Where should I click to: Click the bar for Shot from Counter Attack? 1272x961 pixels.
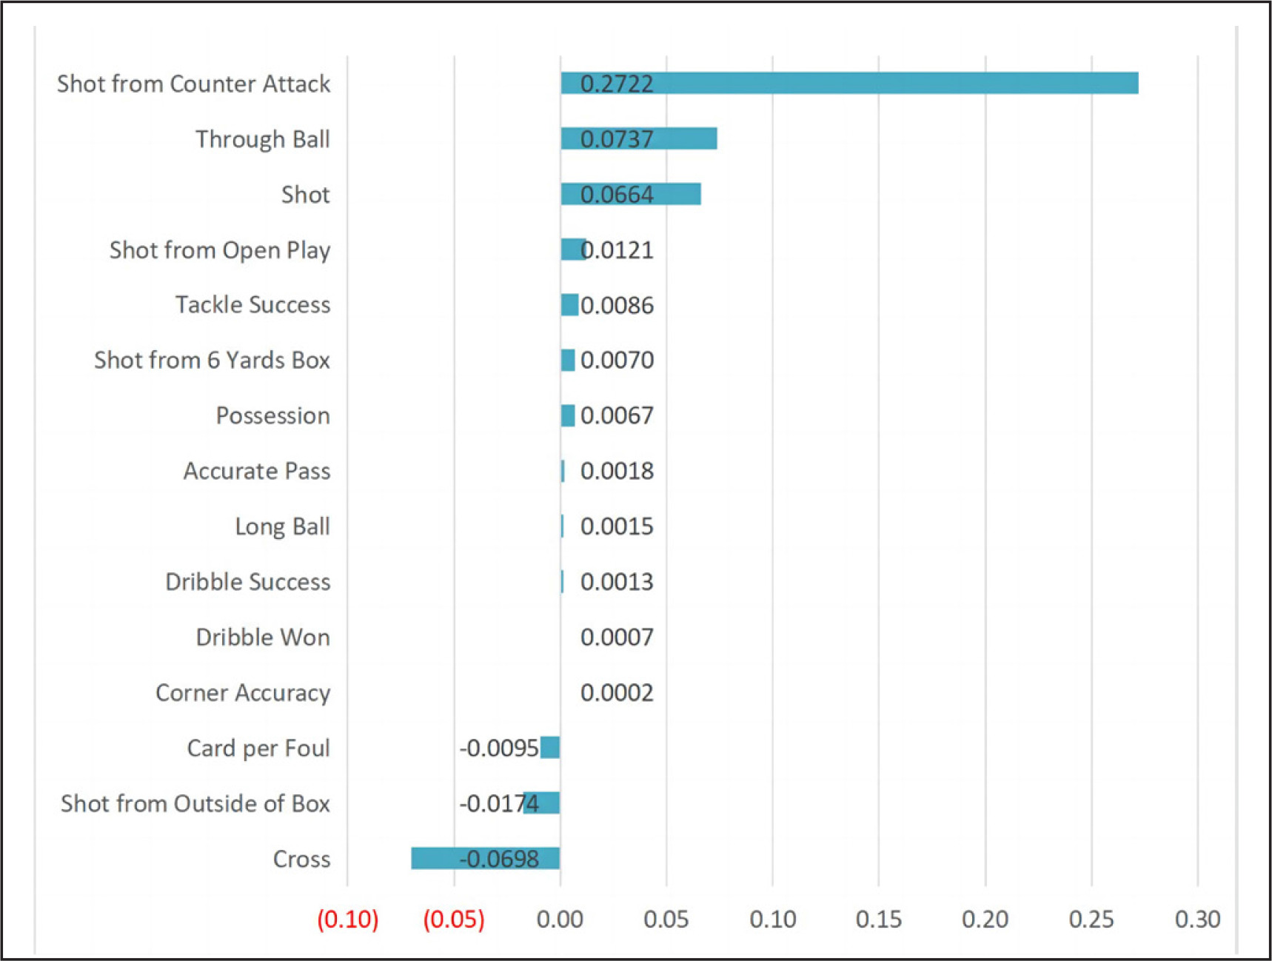point(848,83)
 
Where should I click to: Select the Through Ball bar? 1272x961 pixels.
point(638,138)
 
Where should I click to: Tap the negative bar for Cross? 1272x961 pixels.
point(485,858)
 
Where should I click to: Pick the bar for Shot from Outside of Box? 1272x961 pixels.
point(542,803)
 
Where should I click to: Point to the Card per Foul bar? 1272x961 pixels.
point(550,748)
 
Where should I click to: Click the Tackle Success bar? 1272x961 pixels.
point(569,304)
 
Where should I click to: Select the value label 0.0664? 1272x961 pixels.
point(617,195)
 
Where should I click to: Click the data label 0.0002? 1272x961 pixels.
point(617,693)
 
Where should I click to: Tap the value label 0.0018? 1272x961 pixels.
point(617,471)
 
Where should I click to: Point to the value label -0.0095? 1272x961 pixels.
point(498,749)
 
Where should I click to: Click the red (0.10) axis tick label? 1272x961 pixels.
point(347,919)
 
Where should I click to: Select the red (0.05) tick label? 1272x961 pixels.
point(454,919)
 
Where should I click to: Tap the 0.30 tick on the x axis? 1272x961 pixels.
point(1197,919)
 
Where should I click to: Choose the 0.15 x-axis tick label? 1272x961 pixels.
point(878,919)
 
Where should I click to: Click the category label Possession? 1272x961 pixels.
point(272,415)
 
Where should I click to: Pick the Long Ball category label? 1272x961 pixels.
point(282,526)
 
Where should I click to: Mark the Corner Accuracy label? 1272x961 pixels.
point(243,693)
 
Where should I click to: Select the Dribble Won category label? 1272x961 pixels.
point(263,637)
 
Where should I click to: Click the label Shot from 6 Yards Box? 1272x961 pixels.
point(212,360)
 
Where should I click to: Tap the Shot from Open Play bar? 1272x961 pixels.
point(572,250)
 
